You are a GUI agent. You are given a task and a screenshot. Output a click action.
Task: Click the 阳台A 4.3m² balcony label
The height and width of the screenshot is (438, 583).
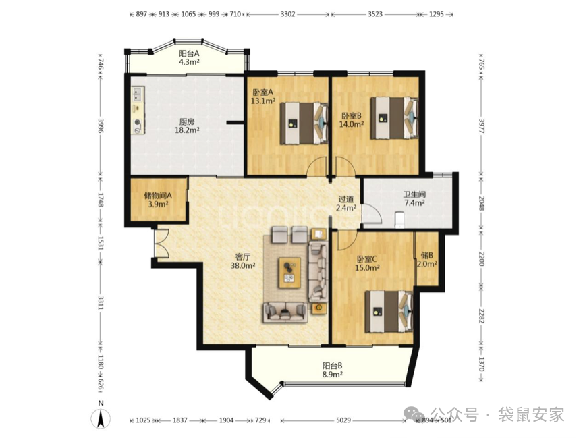point(189,57)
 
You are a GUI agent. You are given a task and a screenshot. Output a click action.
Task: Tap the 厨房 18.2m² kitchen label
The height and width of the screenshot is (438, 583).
point(187,126)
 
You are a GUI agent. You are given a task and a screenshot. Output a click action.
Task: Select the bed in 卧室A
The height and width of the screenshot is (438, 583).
point(304,123)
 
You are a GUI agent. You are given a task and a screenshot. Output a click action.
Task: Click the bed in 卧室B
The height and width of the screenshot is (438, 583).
point(395,118)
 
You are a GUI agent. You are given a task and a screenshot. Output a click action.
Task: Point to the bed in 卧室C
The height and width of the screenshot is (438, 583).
point(389,311)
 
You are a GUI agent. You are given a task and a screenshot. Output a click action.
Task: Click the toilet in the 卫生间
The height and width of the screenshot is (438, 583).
point(399,219)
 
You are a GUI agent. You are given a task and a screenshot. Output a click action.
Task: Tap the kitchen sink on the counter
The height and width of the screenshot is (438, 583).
point(138,93)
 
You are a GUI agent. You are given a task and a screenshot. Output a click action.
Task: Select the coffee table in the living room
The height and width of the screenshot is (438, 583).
point(290,272)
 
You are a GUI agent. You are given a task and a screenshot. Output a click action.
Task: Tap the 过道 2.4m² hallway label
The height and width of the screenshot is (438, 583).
point(345,204)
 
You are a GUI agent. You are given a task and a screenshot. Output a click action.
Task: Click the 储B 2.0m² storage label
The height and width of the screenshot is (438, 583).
point(427,260)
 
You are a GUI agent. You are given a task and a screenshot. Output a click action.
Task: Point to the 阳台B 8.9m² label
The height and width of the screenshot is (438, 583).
point(333,370)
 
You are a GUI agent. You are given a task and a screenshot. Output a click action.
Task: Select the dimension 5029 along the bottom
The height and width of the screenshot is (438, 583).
point(343,420)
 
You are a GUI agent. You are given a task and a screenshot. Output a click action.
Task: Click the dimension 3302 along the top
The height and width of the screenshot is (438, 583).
point(287,14)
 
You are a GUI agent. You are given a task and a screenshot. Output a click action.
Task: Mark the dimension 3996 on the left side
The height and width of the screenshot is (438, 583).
point(101,126)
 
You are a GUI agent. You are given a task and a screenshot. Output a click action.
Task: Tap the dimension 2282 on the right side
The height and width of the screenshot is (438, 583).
point(480,316)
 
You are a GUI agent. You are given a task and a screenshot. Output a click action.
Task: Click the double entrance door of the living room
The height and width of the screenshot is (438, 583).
point(161,243)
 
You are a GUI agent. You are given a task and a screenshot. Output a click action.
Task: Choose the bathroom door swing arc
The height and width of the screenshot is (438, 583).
point(372,213)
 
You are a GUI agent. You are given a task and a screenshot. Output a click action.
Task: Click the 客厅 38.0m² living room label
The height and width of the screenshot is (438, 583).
point(243,261)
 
